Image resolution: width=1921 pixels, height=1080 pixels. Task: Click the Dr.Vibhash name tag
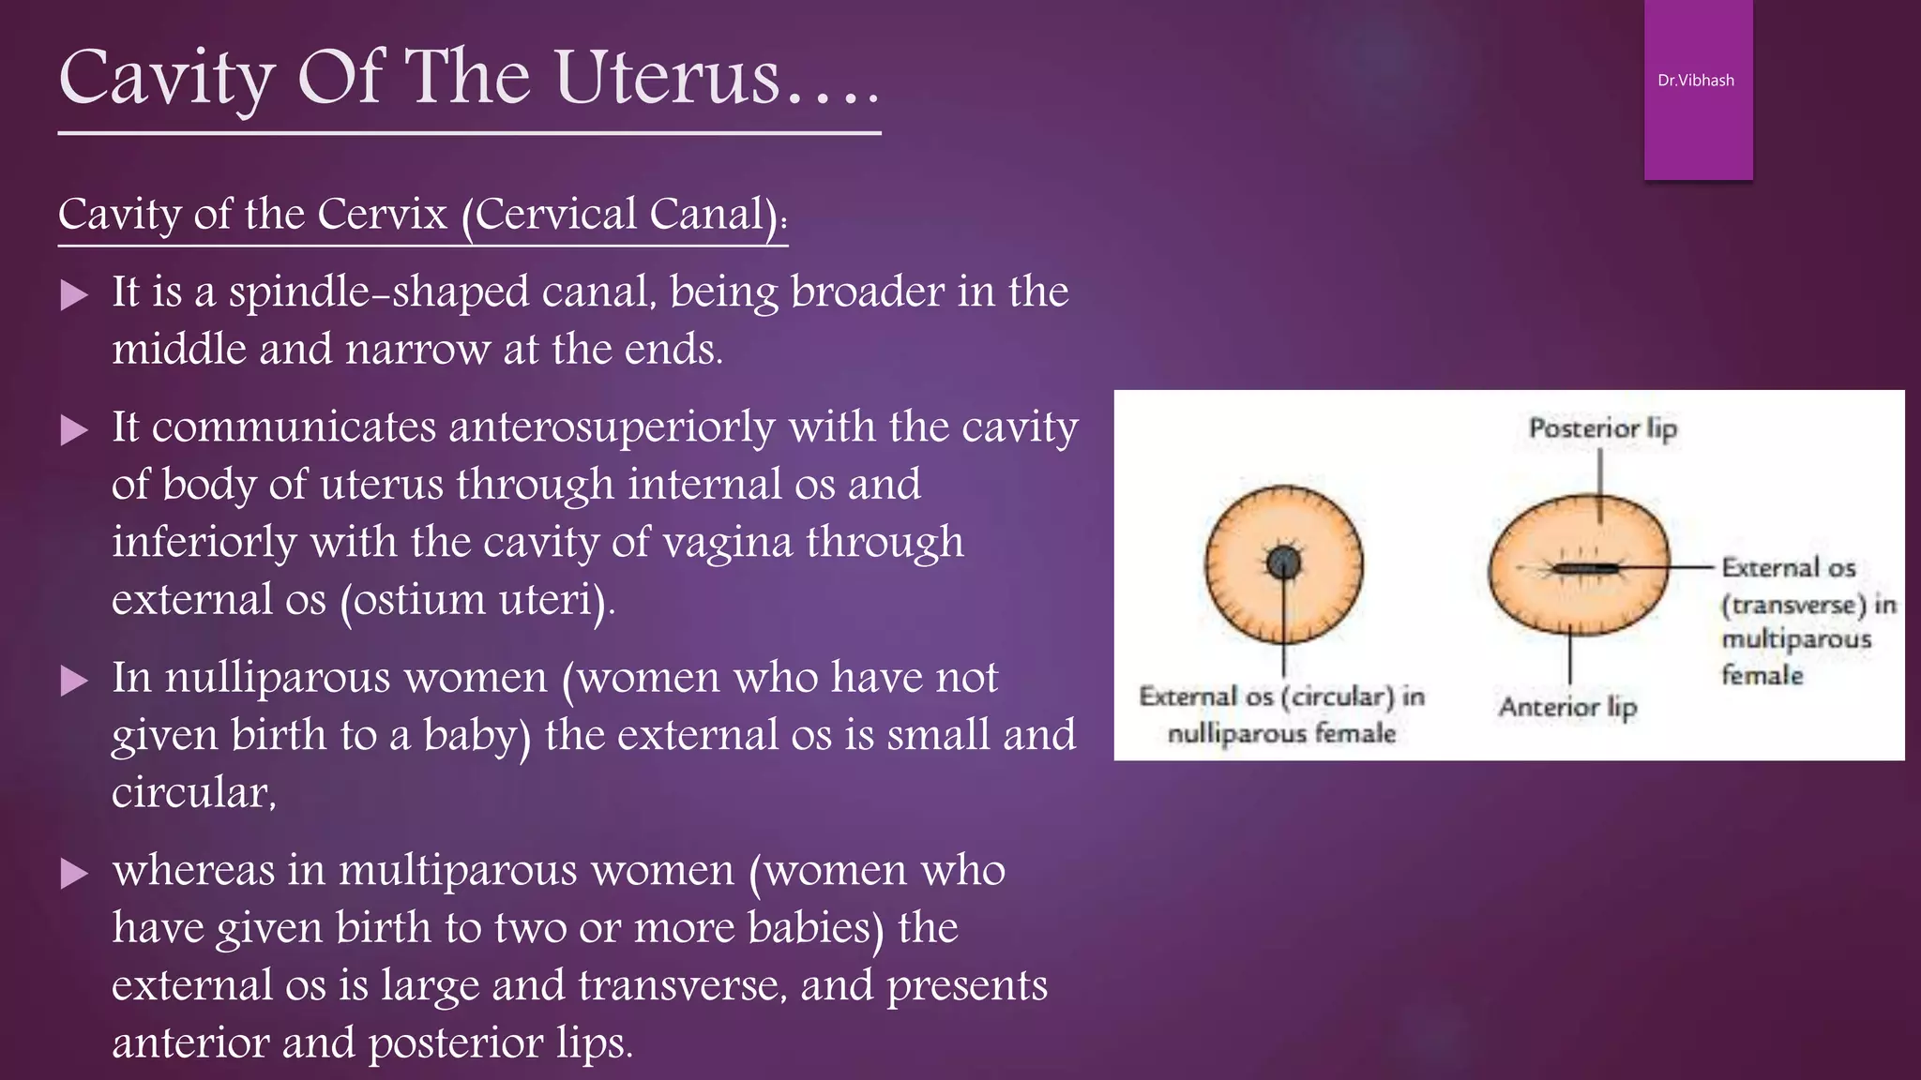point(1696,81)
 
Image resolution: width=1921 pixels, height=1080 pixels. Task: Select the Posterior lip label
point(1602,428)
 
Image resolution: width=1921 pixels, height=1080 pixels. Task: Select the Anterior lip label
point(1567,707)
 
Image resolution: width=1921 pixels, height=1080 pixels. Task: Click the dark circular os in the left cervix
point(1283,563)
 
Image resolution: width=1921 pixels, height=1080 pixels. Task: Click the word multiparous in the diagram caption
point(1795,639)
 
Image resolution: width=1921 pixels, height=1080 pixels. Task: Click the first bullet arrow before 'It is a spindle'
point(74,296)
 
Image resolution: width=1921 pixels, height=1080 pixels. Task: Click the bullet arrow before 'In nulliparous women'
point(74,681)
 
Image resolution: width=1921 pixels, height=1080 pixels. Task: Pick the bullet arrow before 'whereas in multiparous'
point(74,874)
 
